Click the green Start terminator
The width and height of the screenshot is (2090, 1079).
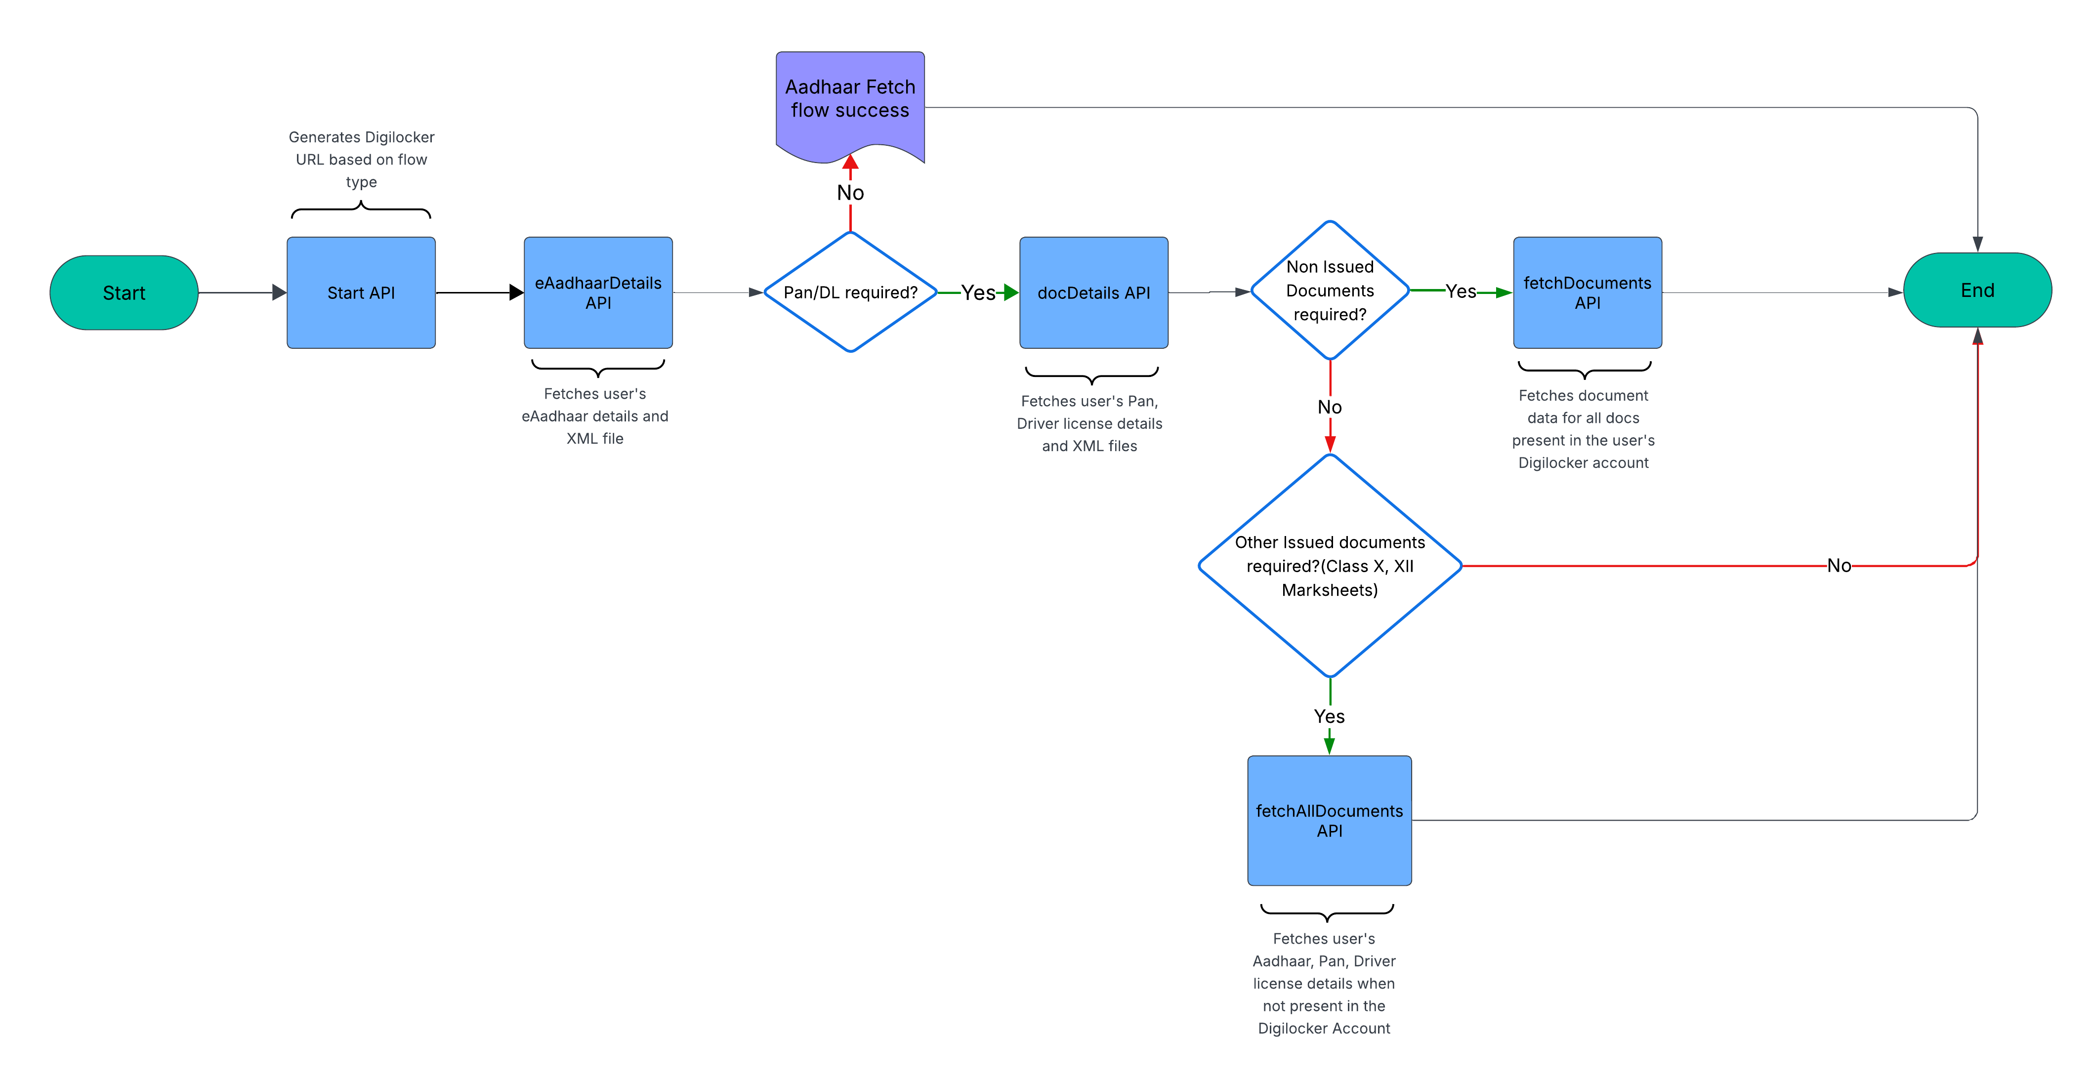click(124, 293)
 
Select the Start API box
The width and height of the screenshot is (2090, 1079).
click(361, 293)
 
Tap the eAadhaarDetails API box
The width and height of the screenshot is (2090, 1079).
click(598, 293)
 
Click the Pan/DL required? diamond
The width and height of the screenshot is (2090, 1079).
click(850, 292)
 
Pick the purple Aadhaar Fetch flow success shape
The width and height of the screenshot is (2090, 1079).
click(850, 101)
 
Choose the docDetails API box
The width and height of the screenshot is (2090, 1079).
click(1094, 293)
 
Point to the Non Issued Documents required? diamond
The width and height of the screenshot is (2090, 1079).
click(1330, 290)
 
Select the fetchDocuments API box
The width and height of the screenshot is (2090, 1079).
click(1587, 293)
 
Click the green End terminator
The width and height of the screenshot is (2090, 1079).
click(1977, 290)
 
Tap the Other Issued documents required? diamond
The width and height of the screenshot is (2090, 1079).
click(1330, 566)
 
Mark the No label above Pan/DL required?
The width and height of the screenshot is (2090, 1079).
click(850, 193)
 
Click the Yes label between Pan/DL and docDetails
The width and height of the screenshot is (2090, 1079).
click(978, 293)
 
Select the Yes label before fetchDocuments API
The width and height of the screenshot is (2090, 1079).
click(1461, 291)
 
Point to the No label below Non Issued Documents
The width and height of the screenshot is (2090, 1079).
click(1330, 407)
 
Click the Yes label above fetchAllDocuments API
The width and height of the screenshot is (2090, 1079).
click(1329, 716)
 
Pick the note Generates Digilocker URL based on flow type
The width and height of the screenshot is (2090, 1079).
click(361, 159)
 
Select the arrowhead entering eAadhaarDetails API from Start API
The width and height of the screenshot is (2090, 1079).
click(516, 293)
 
